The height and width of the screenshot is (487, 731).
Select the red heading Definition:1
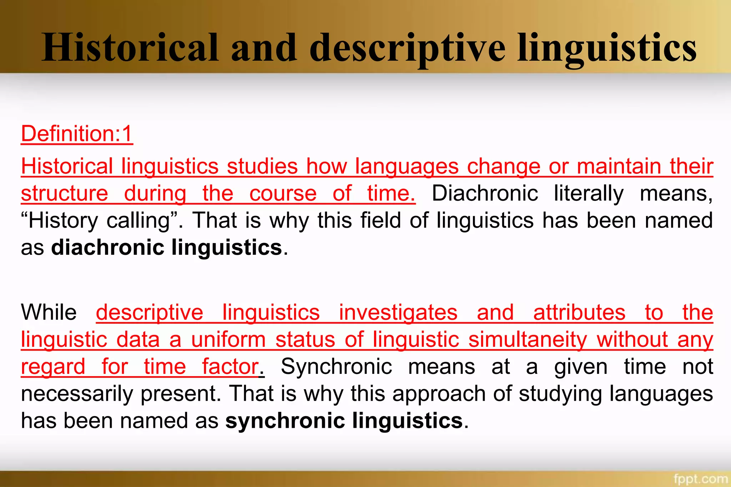pyautogui.click(x=77, y=134)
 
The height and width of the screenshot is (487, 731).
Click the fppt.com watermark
pyautogui.click(x=700, y=478)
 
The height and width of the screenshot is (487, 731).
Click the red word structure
pyautogui.click(x=65, y=194)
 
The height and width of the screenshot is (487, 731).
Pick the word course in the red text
pyautogui.click(x=283, y=194)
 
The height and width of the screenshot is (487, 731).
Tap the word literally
pyautogui.click(x=589, y=194)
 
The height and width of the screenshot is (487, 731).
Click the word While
pyautogui.click(x=49, y=312)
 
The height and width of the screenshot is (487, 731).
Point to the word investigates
pyautogui.click(x=398, y=312)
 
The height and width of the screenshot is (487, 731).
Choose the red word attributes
pyautogui.click(x=579, y=312)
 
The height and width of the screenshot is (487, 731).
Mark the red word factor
pyautogui.click(x=230, y=366)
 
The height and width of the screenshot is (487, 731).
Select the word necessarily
pyautogui.click(x=77, y=394)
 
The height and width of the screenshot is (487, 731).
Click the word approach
pyautogui.click(x=439, y=394)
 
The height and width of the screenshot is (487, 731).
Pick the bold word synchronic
pyautogui.click(x=285, y=421)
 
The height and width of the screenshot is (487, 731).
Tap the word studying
pyautogui.click(x=560, y=394)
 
